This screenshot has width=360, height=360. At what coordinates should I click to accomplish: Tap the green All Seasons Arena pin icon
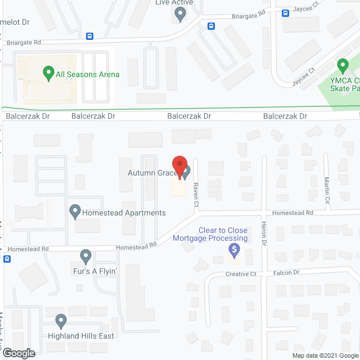(x=48, y=73)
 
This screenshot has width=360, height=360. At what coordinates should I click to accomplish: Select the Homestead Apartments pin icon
(x=74, y=212)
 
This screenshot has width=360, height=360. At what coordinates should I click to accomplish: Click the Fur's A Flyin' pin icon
(x=85, y=256)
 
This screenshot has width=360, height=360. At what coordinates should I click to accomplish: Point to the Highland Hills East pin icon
(x=61, y=321)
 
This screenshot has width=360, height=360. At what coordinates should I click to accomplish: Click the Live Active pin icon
(x=180, y=15)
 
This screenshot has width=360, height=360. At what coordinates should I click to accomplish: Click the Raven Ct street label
(x=196, y=195)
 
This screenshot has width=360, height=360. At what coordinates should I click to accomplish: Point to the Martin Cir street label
(x=327, y=186)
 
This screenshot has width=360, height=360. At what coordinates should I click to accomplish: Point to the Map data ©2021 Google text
(x=325, y=355)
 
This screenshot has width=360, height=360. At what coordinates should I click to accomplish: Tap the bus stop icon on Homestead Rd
(x=7, y=259)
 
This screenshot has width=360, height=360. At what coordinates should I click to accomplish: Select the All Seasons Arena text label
(x=88, y=74)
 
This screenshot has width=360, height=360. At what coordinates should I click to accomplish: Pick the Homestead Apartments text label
(x=124, y=213)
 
